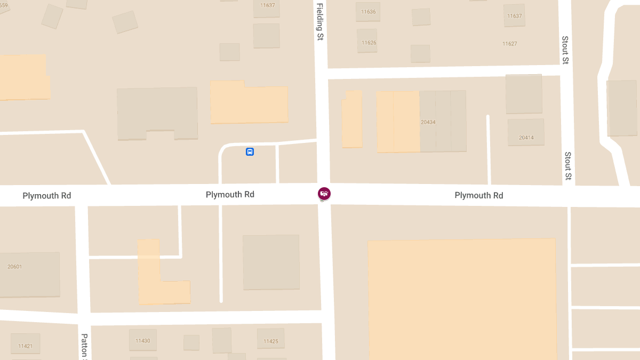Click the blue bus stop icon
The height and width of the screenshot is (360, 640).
coord(250,152)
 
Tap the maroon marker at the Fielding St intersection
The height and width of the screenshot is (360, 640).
coord(324,193)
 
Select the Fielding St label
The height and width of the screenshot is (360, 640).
coord(320,22)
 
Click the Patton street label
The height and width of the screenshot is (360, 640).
coord(84,346)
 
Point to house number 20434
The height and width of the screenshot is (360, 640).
coord(428,122)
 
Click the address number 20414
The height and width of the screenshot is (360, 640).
coord(526,138)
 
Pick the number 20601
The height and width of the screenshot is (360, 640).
coord(15,267)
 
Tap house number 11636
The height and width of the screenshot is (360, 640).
coord(368,12)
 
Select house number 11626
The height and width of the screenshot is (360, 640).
coord(369,43)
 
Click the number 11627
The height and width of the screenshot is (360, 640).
coord(509,44)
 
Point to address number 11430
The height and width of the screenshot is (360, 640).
coord(142,341)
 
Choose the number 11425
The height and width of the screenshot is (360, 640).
coord(271,341)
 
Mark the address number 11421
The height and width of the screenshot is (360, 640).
coord(25,346)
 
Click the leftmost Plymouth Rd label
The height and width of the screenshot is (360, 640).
coord(47,196)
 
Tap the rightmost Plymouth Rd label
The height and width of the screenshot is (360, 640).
coord(478,195)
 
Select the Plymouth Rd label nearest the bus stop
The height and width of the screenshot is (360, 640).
coord(230,195)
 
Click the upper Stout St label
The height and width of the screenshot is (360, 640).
coord(565,50)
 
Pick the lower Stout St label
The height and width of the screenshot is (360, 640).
coord(569,165)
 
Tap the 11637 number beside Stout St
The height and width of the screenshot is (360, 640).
coord(515,16)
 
